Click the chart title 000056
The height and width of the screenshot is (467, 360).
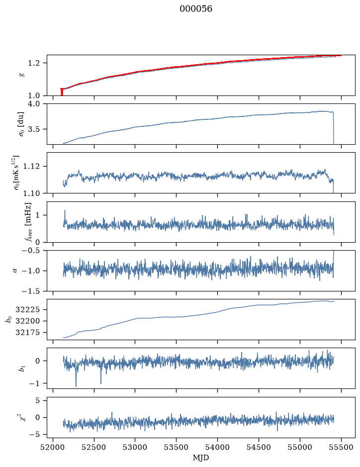(x=196, y=9)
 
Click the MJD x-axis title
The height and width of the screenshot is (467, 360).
(x=201, y=458)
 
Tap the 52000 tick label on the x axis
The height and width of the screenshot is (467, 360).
(x=53, y=447)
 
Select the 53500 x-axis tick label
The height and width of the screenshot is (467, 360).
(x=177, y=447)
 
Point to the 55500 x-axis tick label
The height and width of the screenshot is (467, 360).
(x=341, y=447)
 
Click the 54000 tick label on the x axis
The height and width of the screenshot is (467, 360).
(x=218, y=447)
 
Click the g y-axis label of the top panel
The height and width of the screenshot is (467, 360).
(x=21, y=75)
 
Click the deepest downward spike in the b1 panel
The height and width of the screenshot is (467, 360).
(x=76, y=386)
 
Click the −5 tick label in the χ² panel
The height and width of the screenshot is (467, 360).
(x=36, y=434)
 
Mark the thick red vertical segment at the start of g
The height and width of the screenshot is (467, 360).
(x=62, y=92)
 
